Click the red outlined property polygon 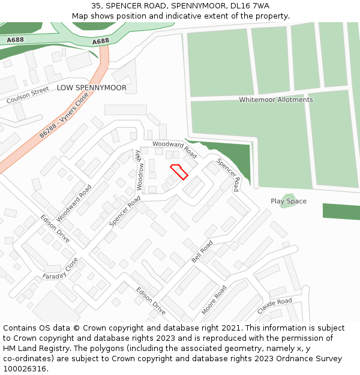(179, 171)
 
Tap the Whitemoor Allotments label (276, 100)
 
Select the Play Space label (289, 202)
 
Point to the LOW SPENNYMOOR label (92, 88)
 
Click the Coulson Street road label (28, 95)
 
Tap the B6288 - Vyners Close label (64, 116)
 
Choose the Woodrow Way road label (139, 170)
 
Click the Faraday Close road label (61, 271)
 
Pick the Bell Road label (202, 252)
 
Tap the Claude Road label (274, 305)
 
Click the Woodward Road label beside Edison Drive (74, 203)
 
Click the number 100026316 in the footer (25, 368)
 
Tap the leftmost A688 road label (16, 40)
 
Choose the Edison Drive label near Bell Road (151, 301)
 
